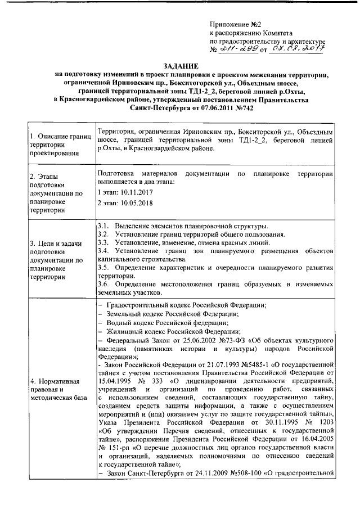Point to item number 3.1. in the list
pyautogui.click(x=103, y=226)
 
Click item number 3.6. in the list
pyautogui.click(x=103, y=283)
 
